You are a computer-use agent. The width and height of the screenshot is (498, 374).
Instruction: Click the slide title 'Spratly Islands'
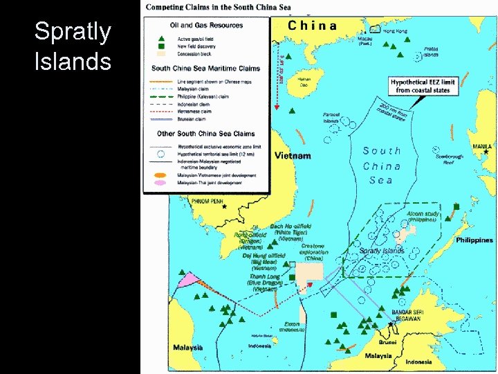pyautogui.click(x=73, y=46)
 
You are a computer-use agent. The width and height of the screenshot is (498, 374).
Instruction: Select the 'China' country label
pyautogui.click(x=312, y=26)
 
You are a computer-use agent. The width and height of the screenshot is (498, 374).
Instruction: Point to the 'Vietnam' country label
pyautogui.click(x=293, y=156)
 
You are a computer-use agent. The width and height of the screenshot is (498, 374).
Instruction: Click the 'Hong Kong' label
pyautogui.click(x=396, y=31)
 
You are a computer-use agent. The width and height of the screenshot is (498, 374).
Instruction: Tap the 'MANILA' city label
pyautogui.click(x=482, y=146)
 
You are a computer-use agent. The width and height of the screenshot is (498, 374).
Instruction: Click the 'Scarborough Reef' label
pyautogui.click(x=450, y=159)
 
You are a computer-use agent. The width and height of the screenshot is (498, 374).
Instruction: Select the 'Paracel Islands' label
pyautogui.click(x=331, y=118)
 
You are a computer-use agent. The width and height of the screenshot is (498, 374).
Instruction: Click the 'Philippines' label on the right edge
pyautogui.click(x=474, y=240)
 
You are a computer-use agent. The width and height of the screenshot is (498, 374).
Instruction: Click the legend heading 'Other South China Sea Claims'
pyautogui.click(x=205, y=134)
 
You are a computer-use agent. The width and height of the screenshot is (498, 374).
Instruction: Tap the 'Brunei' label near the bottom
pyautogui.click(x=388, y=342)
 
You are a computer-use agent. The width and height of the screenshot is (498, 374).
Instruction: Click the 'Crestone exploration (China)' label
pyautogui.click(x=312, y=252)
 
